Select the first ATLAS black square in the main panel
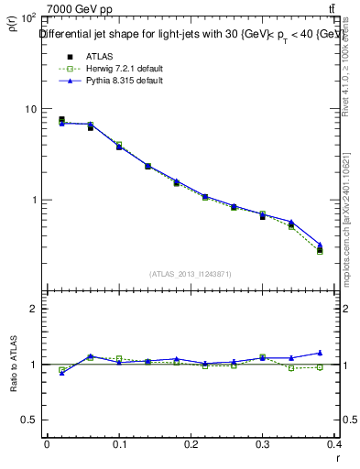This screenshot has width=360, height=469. [61, 119]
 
